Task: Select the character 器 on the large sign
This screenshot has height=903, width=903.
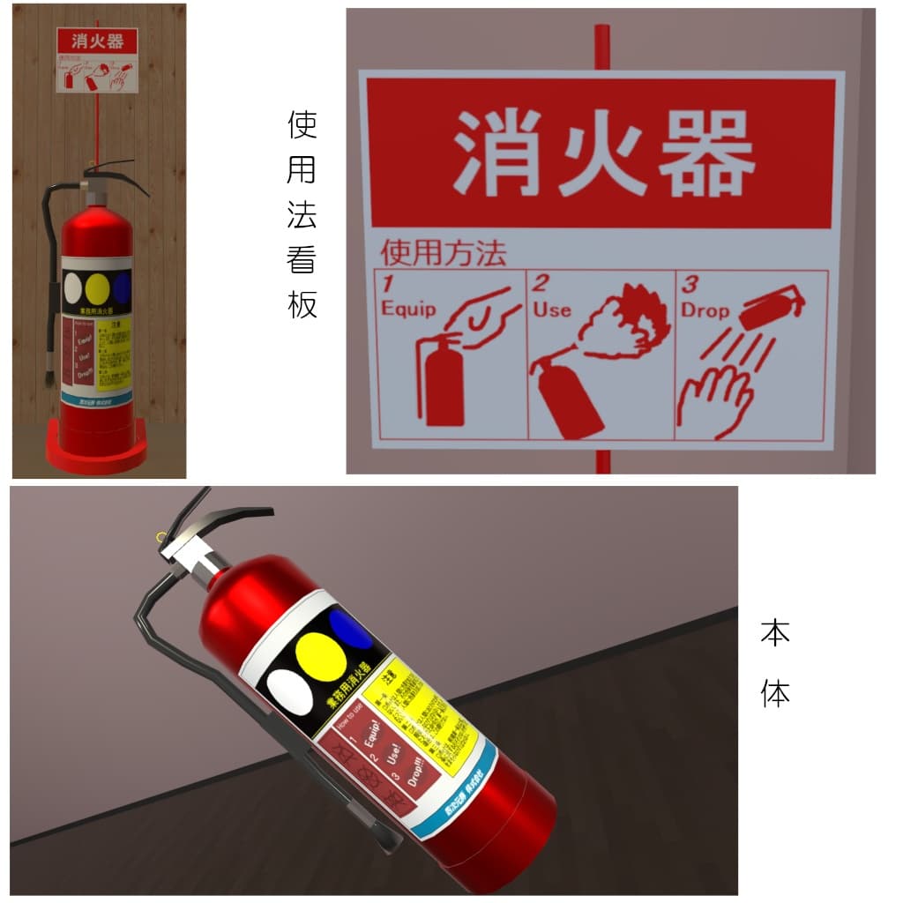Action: (705, 153)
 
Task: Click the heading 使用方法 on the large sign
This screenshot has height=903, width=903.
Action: (443, 254)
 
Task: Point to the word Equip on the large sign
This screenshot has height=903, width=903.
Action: (408, 309)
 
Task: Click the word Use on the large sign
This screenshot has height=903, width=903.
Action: (552, 310)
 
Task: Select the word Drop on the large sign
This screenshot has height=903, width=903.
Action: (705, 310)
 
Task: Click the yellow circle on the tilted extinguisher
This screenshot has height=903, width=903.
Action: (318, 653)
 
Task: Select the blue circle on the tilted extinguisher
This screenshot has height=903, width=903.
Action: (351, 628)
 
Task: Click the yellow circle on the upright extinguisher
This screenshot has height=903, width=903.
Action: (97, 287)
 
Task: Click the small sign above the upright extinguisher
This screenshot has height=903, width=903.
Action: (97, 60)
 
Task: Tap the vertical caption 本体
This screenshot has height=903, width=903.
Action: (775, 662)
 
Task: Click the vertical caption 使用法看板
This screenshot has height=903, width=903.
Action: (302, 214)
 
